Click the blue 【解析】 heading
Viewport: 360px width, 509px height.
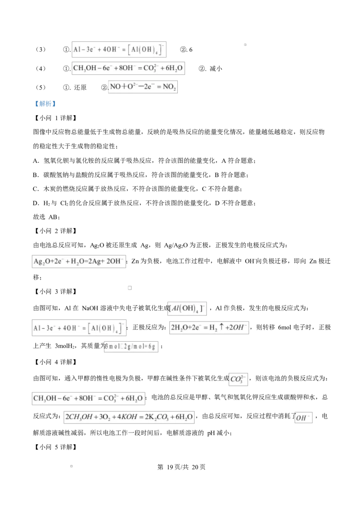tap(45, 104)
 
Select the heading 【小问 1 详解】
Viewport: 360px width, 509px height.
tap(55, 118)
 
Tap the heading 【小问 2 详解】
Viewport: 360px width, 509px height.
tap(55, 231)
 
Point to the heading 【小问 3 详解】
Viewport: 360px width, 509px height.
tap(55, 291)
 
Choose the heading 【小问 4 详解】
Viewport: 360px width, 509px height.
tap(55, 362)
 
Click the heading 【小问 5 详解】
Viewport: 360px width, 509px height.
tap(55, 447)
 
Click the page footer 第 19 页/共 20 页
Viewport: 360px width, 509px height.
tap(181, 467)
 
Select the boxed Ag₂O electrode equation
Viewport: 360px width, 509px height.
tap(79, 261)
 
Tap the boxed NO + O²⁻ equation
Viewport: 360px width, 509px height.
tap(143, 87)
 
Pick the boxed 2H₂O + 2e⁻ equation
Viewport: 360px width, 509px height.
tap(209, 327)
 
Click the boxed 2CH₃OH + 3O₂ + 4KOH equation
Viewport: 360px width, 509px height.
tap(129, 417)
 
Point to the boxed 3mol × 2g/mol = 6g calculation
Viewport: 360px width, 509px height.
tap(131, 346)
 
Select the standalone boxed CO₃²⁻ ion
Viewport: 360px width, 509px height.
tap(238, 379)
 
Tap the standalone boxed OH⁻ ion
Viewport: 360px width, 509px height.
tap(303, 417)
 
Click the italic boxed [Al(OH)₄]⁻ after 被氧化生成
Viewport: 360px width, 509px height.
tap(187, 308)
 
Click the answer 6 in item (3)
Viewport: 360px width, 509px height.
tap(191, 49)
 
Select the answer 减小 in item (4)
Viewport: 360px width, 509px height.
tap(216, 68)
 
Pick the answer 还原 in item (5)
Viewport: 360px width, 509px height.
tap(80, 87)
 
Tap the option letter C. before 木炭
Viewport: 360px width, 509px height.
tap(36, 189)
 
